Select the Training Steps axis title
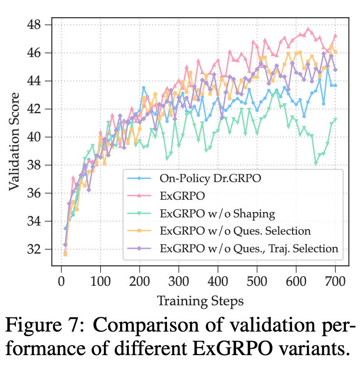coord(199,300)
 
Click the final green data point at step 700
coord(336,120)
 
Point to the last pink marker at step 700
coord(336,35)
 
